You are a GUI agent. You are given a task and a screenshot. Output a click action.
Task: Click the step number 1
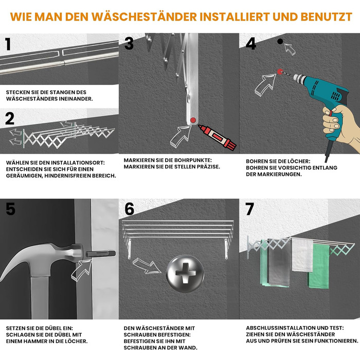click(8, 44)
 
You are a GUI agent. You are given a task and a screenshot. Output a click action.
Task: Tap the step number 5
click(10, 209)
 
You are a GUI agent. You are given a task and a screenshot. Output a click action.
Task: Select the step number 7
click(249, 209)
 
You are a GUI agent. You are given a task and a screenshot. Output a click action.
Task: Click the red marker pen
click(217, 137)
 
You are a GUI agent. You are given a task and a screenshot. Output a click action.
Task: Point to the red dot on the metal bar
click(193, 120)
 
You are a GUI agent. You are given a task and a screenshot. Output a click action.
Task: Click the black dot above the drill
click(280, 41)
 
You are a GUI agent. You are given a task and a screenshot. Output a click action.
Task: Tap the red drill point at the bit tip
click(280, 71)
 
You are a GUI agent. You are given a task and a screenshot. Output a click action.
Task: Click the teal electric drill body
click(326, 97)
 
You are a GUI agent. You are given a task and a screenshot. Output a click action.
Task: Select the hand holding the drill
click(340, 127)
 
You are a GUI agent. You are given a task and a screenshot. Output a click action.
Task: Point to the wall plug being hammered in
click(101, 254)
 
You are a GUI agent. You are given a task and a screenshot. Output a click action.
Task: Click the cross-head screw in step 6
click(185, 274)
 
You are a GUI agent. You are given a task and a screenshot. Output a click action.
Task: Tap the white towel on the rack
click(302, 255)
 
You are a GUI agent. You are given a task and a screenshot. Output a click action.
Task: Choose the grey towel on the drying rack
click(279, 263)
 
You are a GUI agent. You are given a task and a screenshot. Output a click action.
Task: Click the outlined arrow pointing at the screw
click(146, 266)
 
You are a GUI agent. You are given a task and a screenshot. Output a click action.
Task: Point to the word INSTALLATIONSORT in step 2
click(78, 163)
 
